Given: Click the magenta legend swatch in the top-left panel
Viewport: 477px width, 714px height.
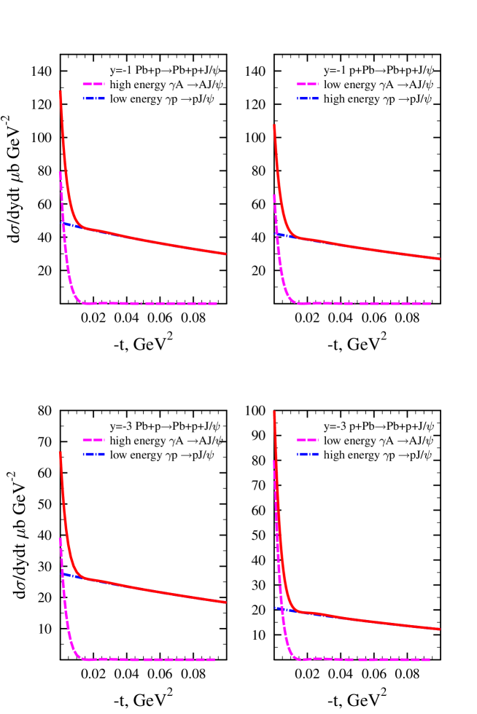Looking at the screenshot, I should [x=93, y=84].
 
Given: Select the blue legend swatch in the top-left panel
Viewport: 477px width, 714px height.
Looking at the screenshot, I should [x=93, y=98].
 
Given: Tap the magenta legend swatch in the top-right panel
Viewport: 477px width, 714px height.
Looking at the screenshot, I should [x=307, y=84].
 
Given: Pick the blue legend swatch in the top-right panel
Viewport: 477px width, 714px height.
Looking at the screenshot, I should [x=307, y=98].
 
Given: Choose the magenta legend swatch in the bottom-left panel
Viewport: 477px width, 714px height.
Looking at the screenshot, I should [x=93, y=439].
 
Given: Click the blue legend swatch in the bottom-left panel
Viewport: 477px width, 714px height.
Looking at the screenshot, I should [x=93, y=454].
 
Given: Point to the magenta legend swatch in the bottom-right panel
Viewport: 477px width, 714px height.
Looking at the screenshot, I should [x=307, y=439].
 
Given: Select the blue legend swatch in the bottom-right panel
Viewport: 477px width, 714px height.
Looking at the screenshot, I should [x=307, y=454].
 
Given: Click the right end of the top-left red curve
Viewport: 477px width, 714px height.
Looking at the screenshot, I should [x=225, y=254].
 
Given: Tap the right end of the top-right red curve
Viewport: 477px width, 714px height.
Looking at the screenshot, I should [x=439, y=259].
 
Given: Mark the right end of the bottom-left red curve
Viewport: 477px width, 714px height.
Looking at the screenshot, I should [x=225, y=603].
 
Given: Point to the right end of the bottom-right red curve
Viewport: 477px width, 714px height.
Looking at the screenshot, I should [x=439, y=629].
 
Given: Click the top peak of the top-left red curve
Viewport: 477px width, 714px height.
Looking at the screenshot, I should [x=60, y=92].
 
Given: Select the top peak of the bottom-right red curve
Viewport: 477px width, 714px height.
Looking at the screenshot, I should [x=274, y=412].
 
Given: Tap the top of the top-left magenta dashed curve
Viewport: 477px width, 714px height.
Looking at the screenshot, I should [x=60, y=173].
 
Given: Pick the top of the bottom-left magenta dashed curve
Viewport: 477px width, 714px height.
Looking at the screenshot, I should [x=60, y=538].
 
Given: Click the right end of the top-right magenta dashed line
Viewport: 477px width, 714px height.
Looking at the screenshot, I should [x=431, y=303].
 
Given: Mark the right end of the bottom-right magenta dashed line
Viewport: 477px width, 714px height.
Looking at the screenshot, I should [x=430, y=660].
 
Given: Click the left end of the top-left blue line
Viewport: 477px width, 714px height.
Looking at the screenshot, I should [x=61, y=223].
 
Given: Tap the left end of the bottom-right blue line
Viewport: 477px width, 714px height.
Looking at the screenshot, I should [x=275, y=608].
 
